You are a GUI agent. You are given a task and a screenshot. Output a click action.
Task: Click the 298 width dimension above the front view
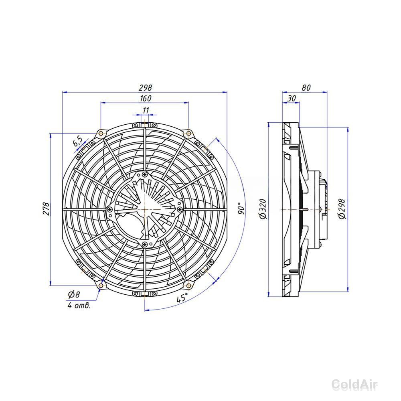(145, 88)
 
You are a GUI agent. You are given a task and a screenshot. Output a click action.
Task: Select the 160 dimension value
(146, 98)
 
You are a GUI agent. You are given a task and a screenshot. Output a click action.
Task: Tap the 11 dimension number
(146, 111)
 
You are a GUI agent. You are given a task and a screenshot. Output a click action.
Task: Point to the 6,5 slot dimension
(78, 141)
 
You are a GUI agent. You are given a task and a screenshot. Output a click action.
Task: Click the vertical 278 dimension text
(46, 209)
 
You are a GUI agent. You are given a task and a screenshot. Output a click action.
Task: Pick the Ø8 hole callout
(74, 295)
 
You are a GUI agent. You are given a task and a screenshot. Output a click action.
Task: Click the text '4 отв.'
(79, 305)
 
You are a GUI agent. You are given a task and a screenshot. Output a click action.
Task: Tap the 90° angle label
(241, 209)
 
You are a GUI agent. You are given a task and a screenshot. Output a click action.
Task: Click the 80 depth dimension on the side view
(306, 88)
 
